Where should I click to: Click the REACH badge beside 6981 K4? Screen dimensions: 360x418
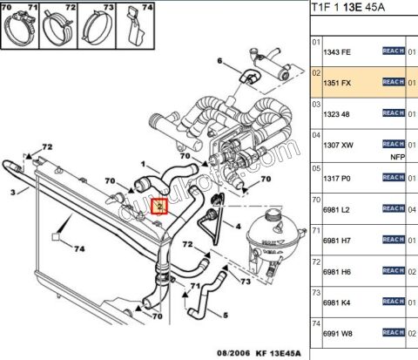394,301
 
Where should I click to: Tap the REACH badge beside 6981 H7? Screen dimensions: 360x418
394,239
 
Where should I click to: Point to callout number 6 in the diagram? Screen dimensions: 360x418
219,60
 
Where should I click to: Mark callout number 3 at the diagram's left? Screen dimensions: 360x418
13,193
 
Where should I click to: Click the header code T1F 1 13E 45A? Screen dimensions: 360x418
351,9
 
